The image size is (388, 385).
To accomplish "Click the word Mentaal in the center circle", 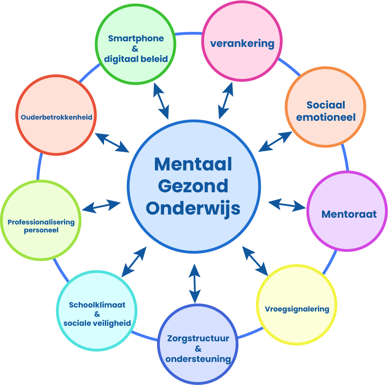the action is click(x=193, y=164).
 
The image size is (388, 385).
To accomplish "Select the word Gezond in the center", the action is click(x=193, y=186).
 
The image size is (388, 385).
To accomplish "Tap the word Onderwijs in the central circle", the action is click(x=193, y=209).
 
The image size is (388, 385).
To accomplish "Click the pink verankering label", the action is click(x=242, y=44).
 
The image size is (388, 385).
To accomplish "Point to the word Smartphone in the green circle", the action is click(x=136, y=39).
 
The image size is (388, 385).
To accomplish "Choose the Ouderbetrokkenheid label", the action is click(x=56, y=117).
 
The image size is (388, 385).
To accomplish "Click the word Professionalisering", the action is click(x=41, y=222).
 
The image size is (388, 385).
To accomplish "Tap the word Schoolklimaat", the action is click(x=97, y=305).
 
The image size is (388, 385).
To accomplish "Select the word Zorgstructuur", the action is click(x=198, y=338).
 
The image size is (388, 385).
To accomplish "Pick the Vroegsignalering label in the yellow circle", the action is click(x=297, y=309).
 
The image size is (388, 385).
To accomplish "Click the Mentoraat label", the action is click(x=349, y=214).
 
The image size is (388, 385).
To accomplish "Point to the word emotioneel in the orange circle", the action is click(x=326, y=117).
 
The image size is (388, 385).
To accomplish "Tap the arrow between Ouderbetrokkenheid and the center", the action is click(x=112, y=143).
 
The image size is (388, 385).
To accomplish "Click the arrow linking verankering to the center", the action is click(x=226, y=101).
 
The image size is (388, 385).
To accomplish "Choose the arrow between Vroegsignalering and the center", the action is click(x=255, y=261).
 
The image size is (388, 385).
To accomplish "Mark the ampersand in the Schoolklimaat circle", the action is click(x=97, y=314).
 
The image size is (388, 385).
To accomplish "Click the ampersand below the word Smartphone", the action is click(x=135, y=49).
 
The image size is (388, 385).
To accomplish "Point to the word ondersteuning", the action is click(x=198, y=359).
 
